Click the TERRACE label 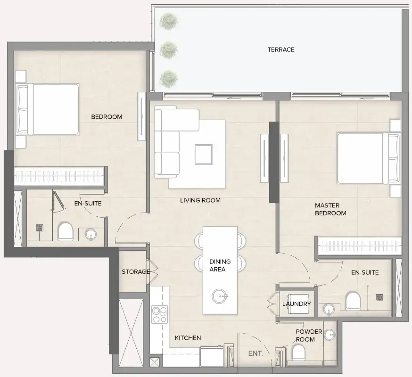281,49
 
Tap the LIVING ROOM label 200,200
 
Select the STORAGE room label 136,271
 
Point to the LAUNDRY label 297,304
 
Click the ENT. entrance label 255,353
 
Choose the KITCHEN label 188,338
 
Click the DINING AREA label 220,265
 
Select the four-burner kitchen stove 159,314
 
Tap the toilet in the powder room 298,352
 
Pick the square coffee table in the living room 204,155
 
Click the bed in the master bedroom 369,158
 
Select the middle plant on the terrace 169,49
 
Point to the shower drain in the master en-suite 379,297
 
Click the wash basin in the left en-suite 91,235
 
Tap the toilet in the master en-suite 353,301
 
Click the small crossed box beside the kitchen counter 155,362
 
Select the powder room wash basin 330,335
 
